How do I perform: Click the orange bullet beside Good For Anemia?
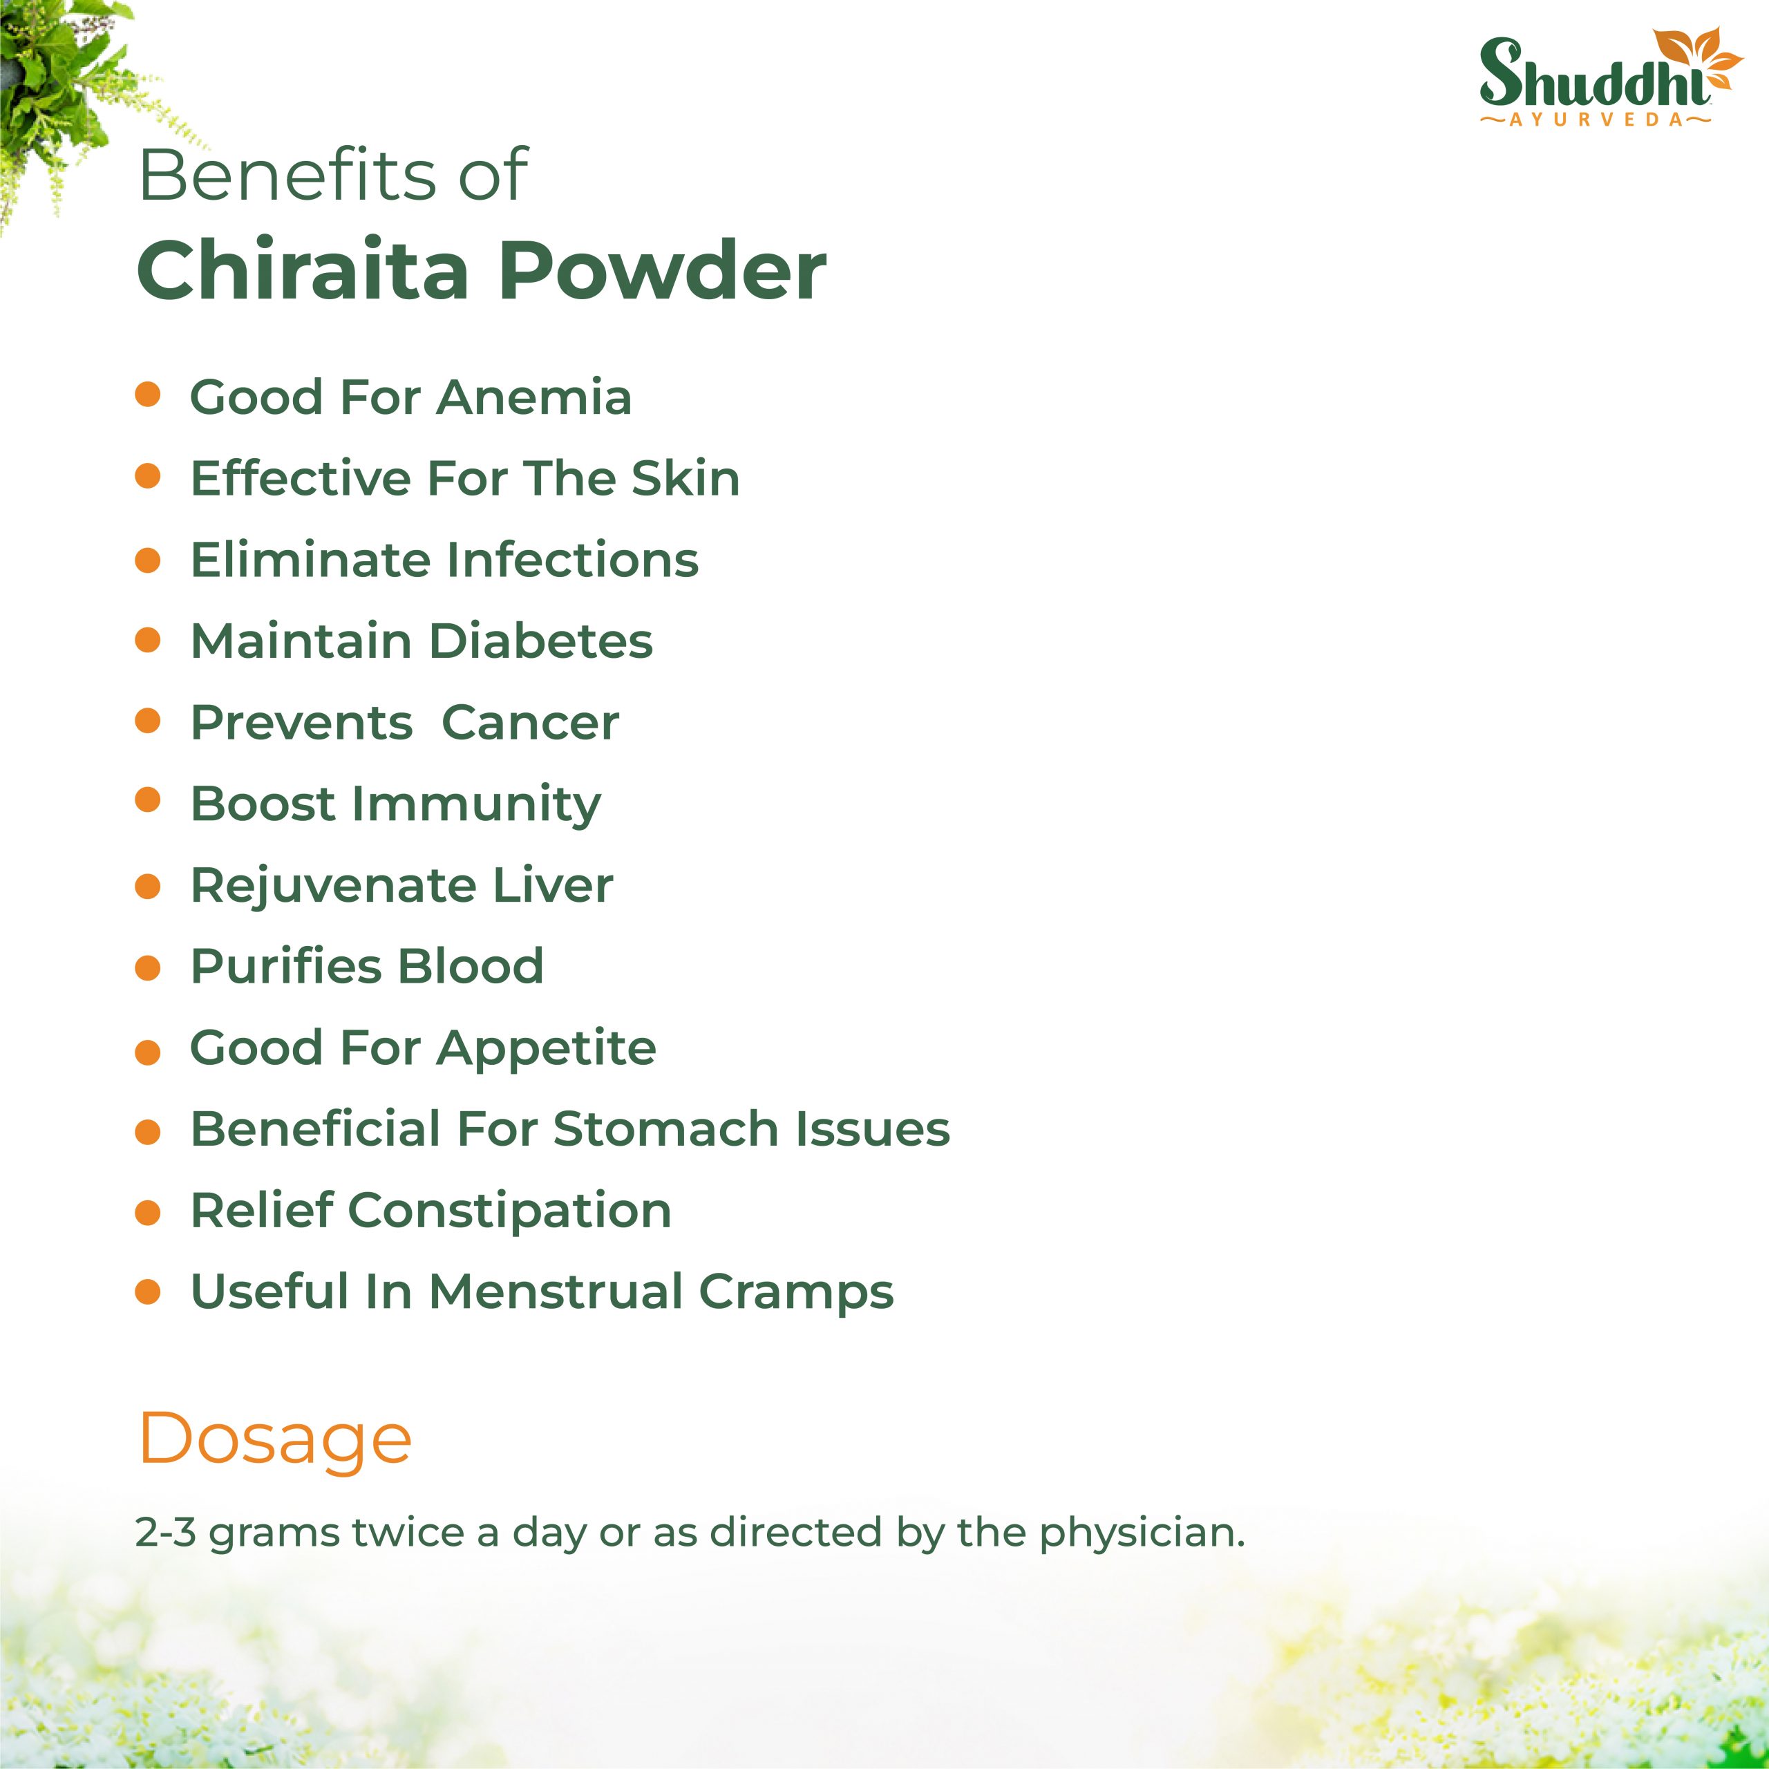tap(147, 395)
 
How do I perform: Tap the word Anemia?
tap(534, 397)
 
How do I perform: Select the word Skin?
tap(685, 478)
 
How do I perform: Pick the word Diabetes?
tap(541, 641)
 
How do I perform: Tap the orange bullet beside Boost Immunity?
tap(147, 800)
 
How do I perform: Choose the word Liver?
tap(553, 885)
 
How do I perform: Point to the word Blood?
tap(470, 966)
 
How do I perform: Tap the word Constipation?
tap(510, 1212)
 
